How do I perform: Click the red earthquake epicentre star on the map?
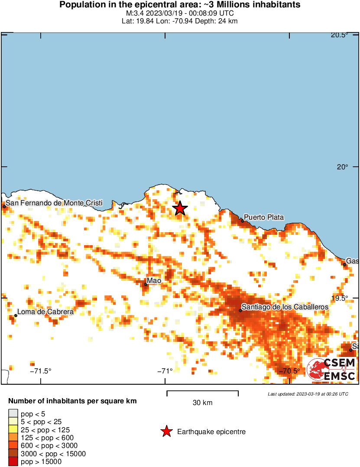[x=180, y=208]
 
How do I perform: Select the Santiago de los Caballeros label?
[x=285, y=307]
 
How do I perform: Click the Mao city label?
[x=154, y=281]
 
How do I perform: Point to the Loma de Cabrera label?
[x=45, y=311]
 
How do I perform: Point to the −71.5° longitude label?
[x=40, y=371]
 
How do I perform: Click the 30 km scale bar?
[x=202, y=393]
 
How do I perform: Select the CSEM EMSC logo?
[x=331, y=370]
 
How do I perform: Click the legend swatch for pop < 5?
[x=13, y=414]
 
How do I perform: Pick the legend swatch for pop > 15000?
[x=13, y=462]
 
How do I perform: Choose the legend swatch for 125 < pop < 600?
[x=13, y=438]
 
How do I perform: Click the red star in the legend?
[x=166, y=431]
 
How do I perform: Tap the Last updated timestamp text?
[x=308, y=394]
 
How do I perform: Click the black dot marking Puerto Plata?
[x=243, y=221]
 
